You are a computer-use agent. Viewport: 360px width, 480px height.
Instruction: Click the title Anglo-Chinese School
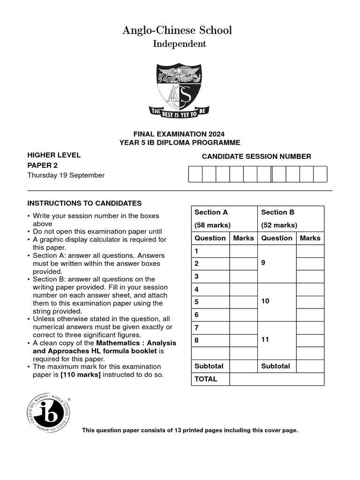coord(177,30)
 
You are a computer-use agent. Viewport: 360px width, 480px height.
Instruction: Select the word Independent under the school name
coord(180,44)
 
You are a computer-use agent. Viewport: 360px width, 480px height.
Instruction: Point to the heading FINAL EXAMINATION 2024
coord(180,134)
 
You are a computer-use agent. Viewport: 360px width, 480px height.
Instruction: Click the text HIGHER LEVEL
coord(54,155)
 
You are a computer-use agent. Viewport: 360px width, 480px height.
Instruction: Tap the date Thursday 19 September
coord(66,175)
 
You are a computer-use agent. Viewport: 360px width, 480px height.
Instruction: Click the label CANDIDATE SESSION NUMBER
coord(256,157)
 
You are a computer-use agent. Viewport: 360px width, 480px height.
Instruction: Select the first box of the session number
coord(195,174)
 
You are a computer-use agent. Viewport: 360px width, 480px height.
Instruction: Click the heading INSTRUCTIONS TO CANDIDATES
coord(84,203)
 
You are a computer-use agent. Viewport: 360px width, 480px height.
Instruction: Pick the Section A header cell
coord(211,212)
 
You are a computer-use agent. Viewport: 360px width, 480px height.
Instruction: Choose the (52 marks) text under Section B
coord(279,225)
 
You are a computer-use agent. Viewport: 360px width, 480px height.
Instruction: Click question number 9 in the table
coord(263,263)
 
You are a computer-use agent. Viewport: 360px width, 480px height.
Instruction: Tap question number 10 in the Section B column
coord(265,301)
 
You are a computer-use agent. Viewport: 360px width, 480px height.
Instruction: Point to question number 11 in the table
coord(265,340)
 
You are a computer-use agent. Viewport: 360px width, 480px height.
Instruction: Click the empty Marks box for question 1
coord(243,251)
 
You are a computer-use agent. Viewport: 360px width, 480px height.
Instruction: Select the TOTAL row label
coord(206,379)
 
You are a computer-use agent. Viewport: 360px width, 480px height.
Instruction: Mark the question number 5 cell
coord(197,302)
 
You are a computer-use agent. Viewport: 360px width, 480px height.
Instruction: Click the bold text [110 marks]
coord(81,375)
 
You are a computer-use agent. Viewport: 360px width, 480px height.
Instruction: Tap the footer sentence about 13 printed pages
coord(190,430)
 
